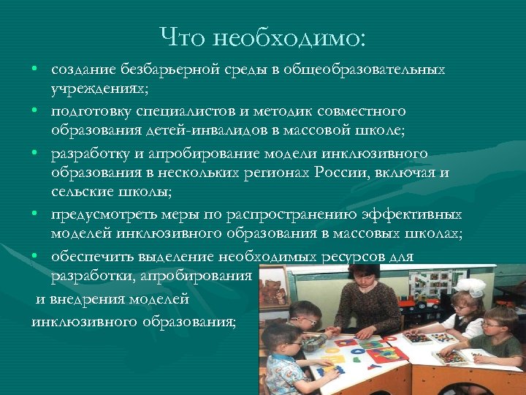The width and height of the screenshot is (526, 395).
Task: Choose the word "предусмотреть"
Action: click(x=100, y=214)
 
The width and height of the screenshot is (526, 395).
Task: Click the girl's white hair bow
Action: click(x=476, y=286)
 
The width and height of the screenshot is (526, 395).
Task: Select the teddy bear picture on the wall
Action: click(x=275, y=292)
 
